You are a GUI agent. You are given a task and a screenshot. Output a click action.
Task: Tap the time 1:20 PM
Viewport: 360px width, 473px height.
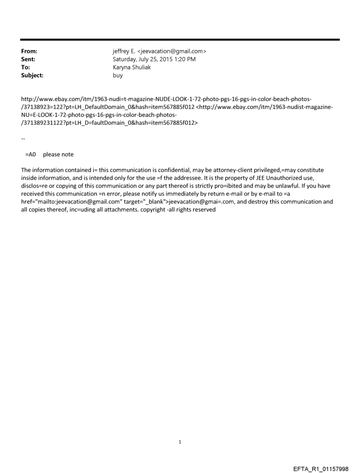(190, 60)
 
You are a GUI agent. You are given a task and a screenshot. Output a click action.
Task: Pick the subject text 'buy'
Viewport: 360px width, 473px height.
(118, 75)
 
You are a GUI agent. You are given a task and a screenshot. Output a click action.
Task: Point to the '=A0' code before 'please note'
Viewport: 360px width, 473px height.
(30, 154)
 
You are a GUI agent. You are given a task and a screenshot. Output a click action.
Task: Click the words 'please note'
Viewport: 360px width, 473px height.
(58, 154)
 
